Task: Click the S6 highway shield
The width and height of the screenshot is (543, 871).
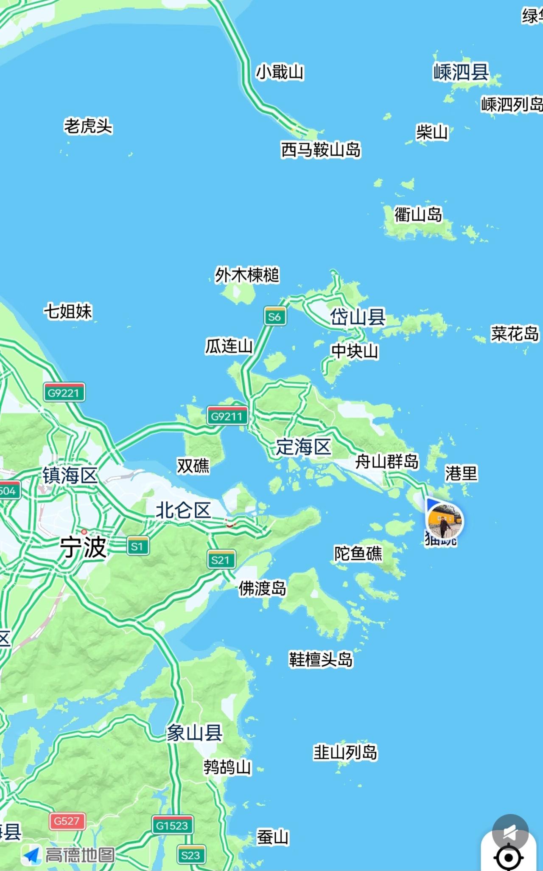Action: click(x=274, y=317)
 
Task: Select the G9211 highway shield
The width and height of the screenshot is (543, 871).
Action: click(x=227, y=416)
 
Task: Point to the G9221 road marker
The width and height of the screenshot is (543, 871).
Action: click(x=64, y=393)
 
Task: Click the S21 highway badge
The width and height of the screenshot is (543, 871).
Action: click(x=221, y=560)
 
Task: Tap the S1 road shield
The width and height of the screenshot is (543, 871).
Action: click(x=138, y=546)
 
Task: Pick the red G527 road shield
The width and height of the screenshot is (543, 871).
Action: click(x=67, y=821)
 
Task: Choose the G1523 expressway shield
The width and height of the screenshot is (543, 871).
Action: click(x=172, y=826)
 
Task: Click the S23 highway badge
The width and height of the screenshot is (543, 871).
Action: click(x=190, y=855)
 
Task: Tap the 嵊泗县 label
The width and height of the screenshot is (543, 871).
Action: click(x=461, y=72)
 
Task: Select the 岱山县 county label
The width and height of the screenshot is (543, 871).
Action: click(x=358, y=317)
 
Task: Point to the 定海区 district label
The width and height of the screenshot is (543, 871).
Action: click(x=303, y=447)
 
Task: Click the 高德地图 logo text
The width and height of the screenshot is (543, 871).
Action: click(x=80, y=855)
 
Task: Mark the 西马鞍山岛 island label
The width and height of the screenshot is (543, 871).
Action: click(x=321, y=150)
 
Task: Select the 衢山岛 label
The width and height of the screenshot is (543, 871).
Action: click(x=418, y=214)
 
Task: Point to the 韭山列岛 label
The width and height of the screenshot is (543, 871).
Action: click(x=345, y=752)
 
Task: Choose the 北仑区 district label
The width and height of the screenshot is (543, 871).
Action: click(x=183, y=510)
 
